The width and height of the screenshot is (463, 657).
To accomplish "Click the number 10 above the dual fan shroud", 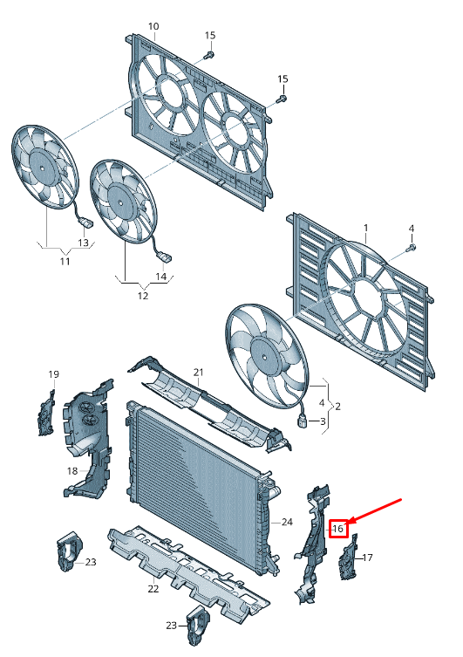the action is point(153,26).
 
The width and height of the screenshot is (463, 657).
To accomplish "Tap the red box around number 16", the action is point(337,529).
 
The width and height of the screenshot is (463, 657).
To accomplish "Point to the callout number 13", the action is point(84,243).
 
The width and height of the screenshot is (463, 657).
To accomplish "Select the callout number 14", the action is point(161,277).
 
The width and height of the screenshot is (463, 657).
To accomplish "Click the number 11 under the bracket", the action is point(65,262).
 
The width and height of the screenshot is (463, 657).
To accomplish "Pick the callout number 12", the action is point(143,296).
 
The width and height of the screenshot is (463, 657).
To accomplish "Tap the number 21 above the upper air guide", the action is point(199,372).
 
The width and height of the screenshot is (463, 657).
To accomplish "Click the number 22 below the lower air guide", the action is point(153,589).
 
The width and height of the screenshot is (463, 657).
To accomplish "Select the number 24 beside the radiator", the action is point(287,522).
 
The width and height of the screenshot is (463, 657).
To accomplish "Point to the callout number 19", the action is point(53,374).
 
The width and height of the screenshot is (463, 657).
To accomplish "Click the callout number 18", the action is point(72,471).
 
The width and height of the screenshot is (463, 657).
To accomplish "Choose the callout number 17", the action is point(367,558).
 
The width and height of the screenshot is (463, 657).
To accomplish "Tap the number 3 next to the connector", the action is point(323,421).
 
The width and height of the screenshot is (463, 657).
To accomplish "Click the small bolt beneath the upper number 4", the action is point(411,248).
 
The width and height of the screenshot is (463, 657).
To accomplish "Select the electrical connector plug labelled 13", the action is point(87,222).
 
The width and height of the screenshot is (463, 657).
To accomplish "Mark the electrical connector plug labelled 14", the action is point(166,257).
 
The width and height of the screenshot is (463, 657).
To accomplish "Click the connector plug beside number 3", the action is point(303,421).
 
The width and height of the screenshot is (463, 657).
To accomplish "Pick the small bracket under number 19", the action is point(46,414).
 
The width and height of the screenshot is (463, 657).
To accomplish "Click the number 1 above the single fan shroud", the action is point(366,228).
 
